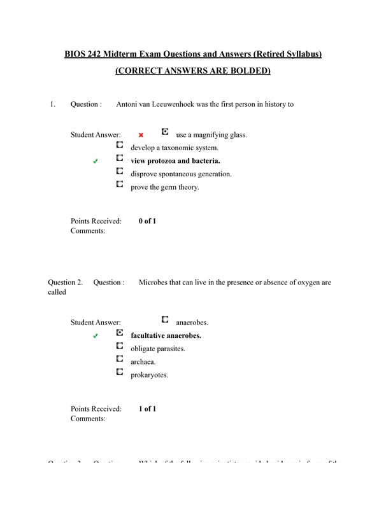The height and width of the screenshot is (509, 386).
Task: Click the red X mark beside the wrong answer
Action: [141, 135]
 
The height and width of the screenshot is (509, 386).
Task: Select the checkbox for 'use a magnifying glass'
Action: [165, 132]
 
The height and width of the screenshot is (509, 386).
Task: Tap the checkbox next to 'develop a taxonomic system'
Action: [120, 144]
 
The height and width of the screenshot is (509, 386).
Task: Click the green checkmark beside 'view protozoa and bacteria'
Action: [96, 162]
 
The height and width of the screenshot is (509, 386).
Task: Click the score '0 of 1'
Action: [147, 221]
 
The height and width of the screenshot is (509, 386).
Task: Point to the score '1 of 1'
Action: [147, 408]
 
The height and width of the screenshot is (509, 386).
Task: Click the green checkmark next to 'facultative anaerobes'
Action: [96, 336]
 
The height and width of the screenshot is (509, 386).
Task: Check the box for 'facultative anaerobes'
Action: [120, 332]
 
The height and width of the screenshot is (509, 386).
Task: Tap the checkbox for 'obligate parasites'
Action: [120, 345]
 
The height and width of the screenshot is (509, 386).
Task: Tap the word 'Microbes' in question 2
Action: [153, 282]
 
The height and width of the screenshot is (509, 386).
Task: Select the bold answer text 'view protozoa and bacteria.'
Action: [175, 161]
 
